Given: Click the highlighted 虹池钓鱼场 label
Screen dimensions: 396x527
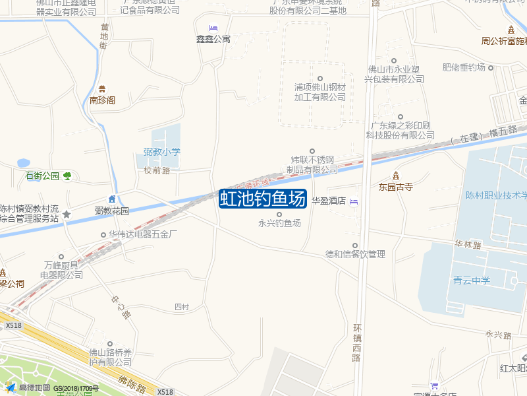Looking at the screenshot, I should coord(263,199).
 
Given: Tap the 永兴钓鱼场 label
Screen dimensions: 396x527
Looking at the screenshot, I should coord(279,223).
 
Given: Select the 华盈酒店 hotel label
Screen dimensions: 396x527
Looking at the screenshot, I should coord(329,201).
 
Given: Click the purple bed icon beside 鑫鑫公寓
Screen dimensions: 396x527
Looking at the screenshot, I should coord(213,28).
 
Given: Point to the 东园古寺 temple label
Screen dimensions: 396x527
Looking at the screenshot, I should coord(395,187).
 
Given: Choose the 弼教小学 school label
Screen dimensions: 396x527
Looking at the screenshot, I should coord(161,152).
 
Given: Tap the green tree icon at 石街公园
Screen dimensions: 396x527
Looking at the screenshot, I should coord(67,176).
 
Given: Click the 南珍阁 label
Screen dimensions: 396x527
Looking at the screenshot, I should coord(102,100).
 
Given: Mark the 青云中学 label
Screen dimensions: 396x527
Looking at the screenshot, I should coord(472,280).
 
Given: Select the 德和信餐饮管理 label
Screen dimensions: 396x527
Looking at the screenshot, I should coord(355,254).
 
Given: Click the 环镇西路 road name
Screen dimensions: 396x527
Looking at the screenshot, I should coord(357,343).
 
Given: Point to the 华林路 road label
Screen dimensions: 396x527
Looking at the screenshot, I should coord(468,245).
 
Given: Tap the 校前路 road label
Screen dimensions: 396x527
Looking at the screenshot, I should coord(157,170).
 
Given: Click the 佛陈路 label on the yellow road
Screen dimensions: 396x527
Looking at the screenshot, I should coord(132,383).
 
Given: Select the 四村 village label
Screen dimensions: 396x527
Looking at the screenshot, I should coord(182,307).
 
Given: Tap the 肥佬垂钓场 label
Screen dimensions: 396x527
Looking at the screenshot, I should coord(464,68).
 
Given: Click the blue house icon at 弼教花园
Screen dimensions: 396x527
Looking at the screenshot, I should coord(112,199).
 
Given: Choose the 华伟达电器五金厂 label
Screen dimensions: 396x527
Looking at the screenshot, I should coord(143,234).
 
